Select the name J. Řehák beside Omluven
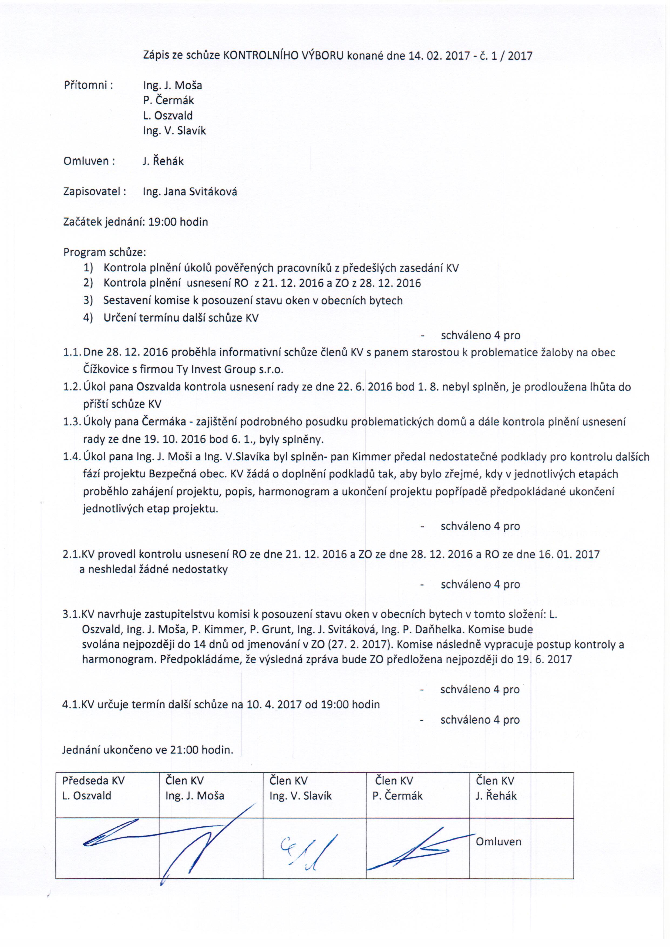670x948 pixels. (163, 161)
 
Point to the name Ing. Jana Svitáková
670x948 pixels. (190, 192)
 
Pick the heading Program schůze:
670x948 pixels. (105, 252)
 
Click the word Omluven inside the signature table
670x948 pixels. (498, 841)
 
